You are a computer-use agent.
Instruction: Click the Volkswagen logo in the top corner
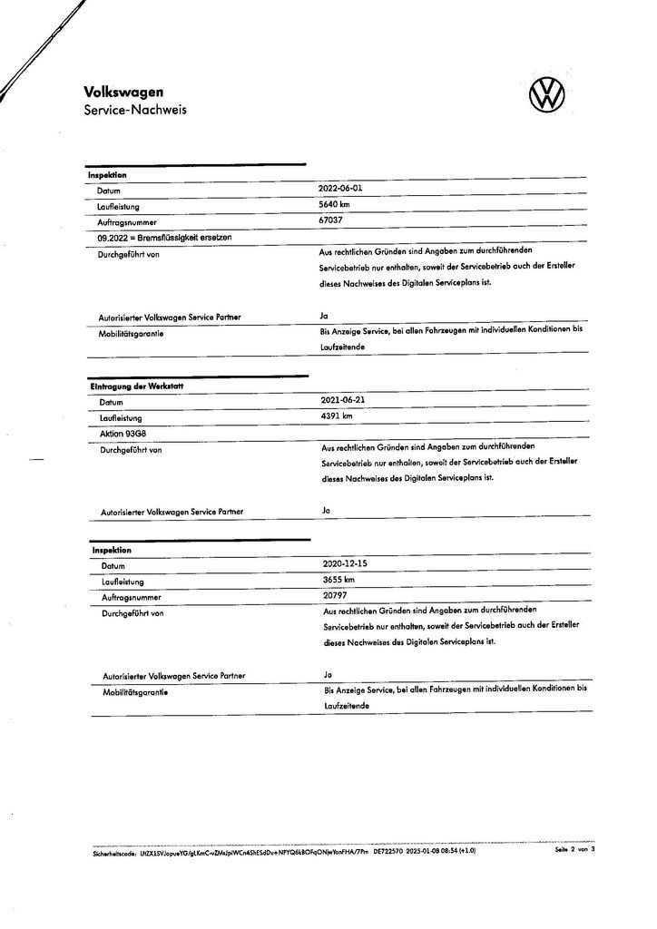click(x=546, y=94)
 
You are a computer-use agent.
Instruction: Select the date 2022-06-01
click(x=339, y=189)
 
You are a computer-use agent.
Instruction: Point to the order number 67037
click(x=329, y=220)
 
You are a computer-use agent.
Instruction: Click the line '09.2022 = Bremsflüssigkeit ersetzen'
click(x=159, y=237)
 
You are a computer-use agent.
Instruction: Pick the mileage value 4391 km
click(x=336, y=415)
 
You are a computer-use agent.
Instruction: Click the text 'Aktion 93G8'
click(x=121, y=434)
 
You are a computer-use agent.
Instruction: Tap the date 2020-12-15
click(x=343, y=563)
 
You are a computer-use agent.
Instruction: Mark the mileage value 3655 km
click(x=337, y=579)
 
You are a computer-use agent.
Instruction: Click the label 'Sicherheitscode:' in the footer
click(x=115, y=853)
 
